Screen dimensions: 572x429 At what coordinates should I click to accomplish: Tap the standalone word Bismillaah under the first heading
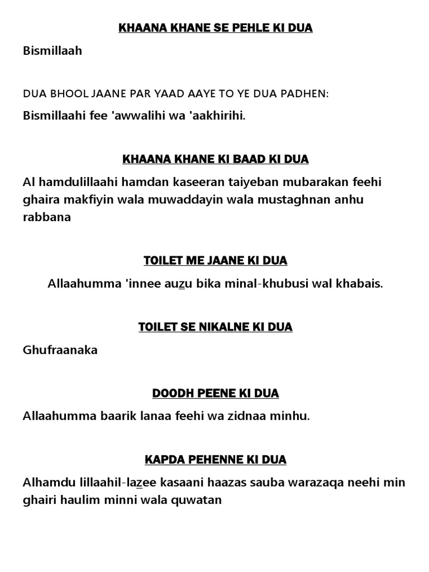click(x=53, y=51)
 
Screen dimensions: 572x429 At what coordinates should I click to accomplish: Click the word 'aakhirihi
click(x=218, y=116)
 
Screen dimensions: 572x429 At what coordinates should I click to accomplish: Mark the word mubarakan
click(x=313, y=182)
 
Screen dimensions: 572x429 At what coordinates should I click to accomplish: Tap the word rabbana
click(x=47, y=217)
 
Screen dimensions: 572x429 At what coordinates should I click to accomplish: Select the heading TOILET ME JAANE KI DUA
click(x=215, y=261)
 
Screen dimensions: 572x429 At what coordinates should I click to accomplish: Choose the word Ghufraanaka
click(x=60, y=350)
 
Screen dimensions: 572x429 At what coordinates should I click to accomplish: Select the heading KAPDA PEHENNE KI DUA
click(x=215, y=460)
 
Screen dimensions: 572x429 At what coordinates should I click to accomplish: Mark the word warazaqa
click(x=309, y=482)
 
